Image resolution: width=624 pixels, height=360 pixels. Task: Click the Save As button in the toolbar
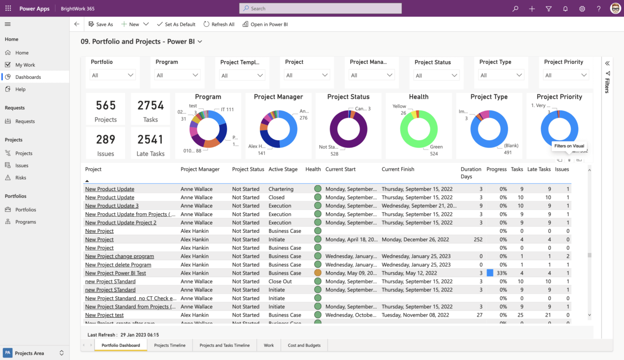(x=100, y=24)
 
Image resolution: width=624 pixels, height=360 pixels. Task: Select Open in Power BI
(x=265, y=24)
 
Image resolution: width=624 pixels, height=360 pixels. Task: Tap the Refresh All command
(x=219, y=24)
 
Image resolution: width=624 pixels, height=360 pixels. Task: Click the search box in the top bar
(x=320, y=8)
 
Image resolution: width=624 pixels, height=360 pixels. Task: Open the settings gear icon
(x=582, y=9)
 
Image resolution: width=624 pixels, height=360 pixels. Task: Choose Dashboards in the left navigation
(x=28, y=77)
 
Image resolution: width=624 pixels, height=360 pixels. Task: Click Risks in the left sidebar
(x=20, y=178)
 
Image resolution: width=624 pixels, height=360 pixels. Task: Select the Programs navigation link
(x=25, y=222)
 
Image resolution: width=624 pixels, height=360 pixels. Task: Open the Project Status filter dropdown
(x=436, y=76)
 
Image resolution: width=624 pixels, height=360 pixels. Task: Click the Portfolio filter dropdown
(x=112, y=75)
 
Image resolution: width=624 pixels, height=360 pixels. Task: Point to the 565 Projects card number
(x=105, y=106)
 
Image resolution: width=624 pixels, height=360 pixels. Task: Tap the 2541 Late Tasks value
(x=150, y=140)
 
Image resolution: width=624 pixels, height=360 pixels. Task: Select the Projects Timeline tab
(x=170, y=345)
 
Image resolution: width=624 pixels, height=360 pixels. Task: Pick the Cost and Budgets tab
(x=304, y=345)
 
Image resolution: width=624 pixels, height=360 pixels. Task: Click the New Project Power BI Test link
(x=116, y=273)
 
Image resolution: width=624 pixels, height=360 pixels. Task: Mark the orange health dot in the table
(x=318, y=273)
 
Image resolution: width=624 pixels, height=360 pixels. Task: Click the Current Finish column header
(x=398, y=170)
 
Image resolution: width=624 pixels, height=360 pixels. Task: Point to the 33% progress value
(x=502, y=273)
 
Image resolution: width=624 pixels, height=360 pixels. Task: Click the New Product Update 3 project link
(x=112, y=206)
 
